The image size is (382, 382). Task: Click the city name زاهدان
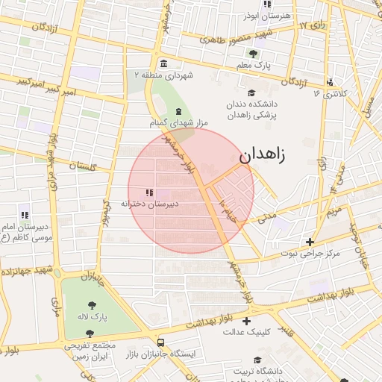click(x=263, y=155)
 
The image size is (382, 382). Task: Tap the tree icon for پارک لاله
click(x=92, y=304)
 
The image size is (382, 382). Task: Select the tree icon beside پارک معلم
click(x=253, y=53)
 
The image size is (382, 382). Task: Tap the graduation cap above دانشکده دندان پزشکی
click(x=251, y=92)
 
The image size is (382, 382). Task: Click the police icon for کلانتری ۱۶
click(x=329, y=82)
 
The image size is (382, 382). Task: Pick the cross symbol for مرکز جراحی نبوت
click(x=310, y=241)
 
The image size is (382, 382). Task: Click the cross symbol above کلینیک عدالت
click(x=246, y=321)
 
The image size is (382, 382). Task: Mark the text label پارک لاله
click(x=95, y=317)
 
